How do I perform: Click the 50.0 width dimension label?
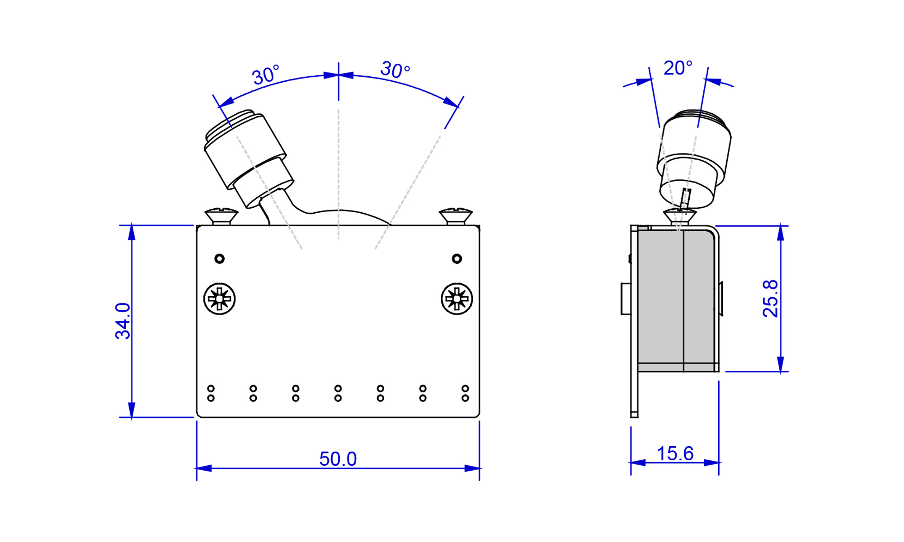338,459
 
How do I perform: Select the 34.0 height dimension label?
122,321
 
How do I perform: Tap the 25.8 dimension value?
770,299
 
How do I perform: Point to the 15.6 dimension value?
675,453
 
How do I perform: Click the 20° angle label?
678,68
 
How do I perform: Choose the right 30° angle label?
395,70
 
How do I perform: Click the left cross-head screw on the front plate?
220,299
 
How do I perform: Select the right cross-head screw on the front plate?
457,299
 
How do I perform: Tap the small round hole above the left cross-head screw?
220,259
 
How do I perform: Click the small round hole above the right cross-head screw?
457,259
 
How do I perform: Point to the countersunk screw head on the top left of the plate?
221,215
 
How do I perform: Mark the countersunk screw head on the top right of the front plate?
456,215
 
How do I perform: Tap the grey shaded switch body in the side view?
676,298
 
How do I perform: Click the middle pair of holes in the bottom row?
338,393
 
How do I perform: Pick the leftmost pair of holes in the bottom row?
211,393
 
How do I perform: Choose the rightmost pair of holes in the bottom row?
465,393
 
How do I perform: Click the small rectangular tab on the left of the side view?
626,299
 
